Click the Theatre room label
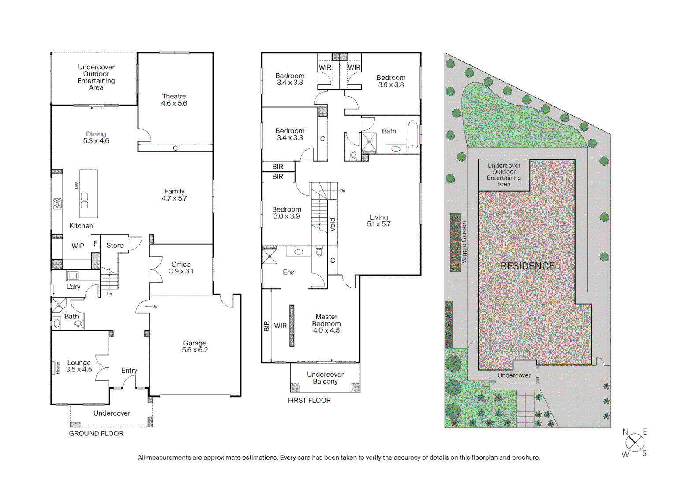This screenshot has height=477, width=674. [174, 100]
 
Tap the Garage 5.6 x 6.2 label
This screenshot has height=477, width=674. [195, 346]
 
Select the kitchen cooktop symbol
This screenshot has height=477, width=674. [57, 204]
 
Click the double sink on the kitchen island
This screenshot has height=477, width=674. [84, 201]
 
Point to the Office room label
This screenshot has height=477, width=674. [181, 268]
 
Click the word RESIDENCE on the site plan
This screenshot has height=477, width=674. [528, 266]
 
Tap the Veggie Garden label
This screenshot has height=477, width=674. [464, 242]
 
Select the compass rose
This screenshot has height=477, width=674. [635, 442]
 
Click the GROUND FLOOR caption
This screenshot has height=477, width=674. [96, 433]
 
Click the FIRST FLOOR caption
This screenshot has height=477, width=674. [309, 400]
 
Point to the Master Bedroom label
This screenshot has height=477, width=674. [326, 323]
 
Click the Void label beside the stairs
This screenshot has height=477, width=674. [333, 224]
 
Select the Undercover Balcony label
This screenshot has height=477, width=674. [325, 378]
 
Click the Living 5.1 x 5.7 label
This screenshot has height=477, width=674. [378, 220]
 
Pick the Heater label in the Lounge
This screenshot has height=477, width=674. [58, 367]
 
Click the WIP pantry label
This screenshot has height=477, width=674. [78, 246]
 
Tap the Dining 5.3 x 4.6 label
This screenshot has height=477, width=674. [96, 137]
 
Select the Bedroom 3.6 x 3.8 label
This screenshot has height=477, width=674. [391, 81]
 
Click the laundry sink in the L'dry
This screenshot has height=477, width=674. [73, 276]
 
